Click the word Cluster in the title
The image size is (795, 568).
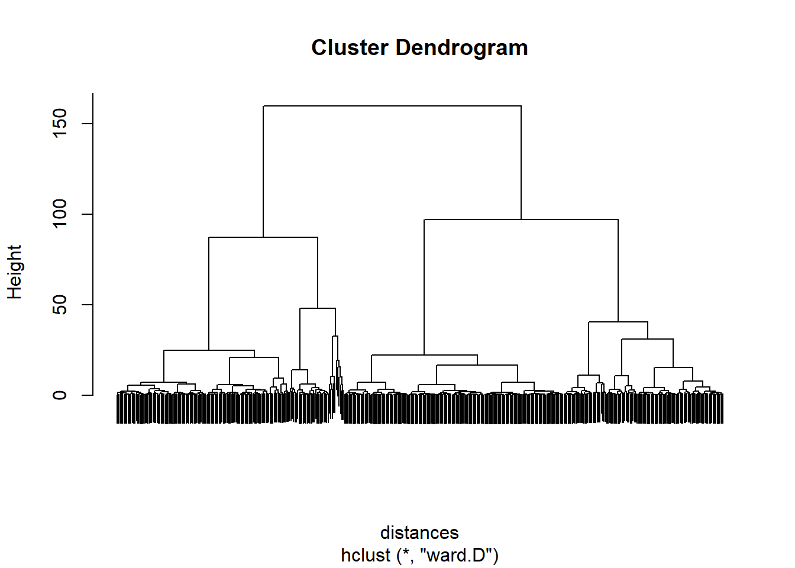pos(350,47)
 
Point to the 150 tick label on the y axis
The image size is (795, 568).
pos(60,123)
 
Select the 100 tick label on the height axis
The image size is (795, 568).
pos(60,214)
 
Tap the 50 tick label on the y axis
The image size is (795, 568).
pos(60,305)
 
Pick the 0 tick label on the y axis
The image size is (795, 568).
pos(60,395)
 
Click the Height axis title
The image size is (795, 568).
pos(15,272)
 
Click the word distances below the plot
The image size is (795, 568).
pos(419,532)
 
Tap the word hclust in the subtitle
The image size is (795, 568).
pos(366,555)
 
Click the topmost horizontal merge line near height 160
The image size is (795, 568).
pos(392,106)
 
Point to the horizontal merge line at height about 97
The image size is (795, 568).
pos(521,220)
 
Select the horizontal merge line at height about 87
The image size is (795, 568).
pos(263,237)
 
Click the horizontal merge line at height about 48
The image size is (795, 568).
pos(318,308)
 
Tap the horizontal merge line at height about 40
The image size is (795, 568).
pos(618,322)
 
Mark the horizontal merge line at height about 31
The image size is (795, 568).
pos(647,339)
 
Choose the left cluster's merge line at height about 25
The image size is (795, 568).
pos(209,350)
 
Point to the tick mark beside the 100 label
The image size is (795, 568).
pos(88,214)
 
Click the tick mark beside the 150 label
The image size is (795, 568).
pos(88,124)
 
